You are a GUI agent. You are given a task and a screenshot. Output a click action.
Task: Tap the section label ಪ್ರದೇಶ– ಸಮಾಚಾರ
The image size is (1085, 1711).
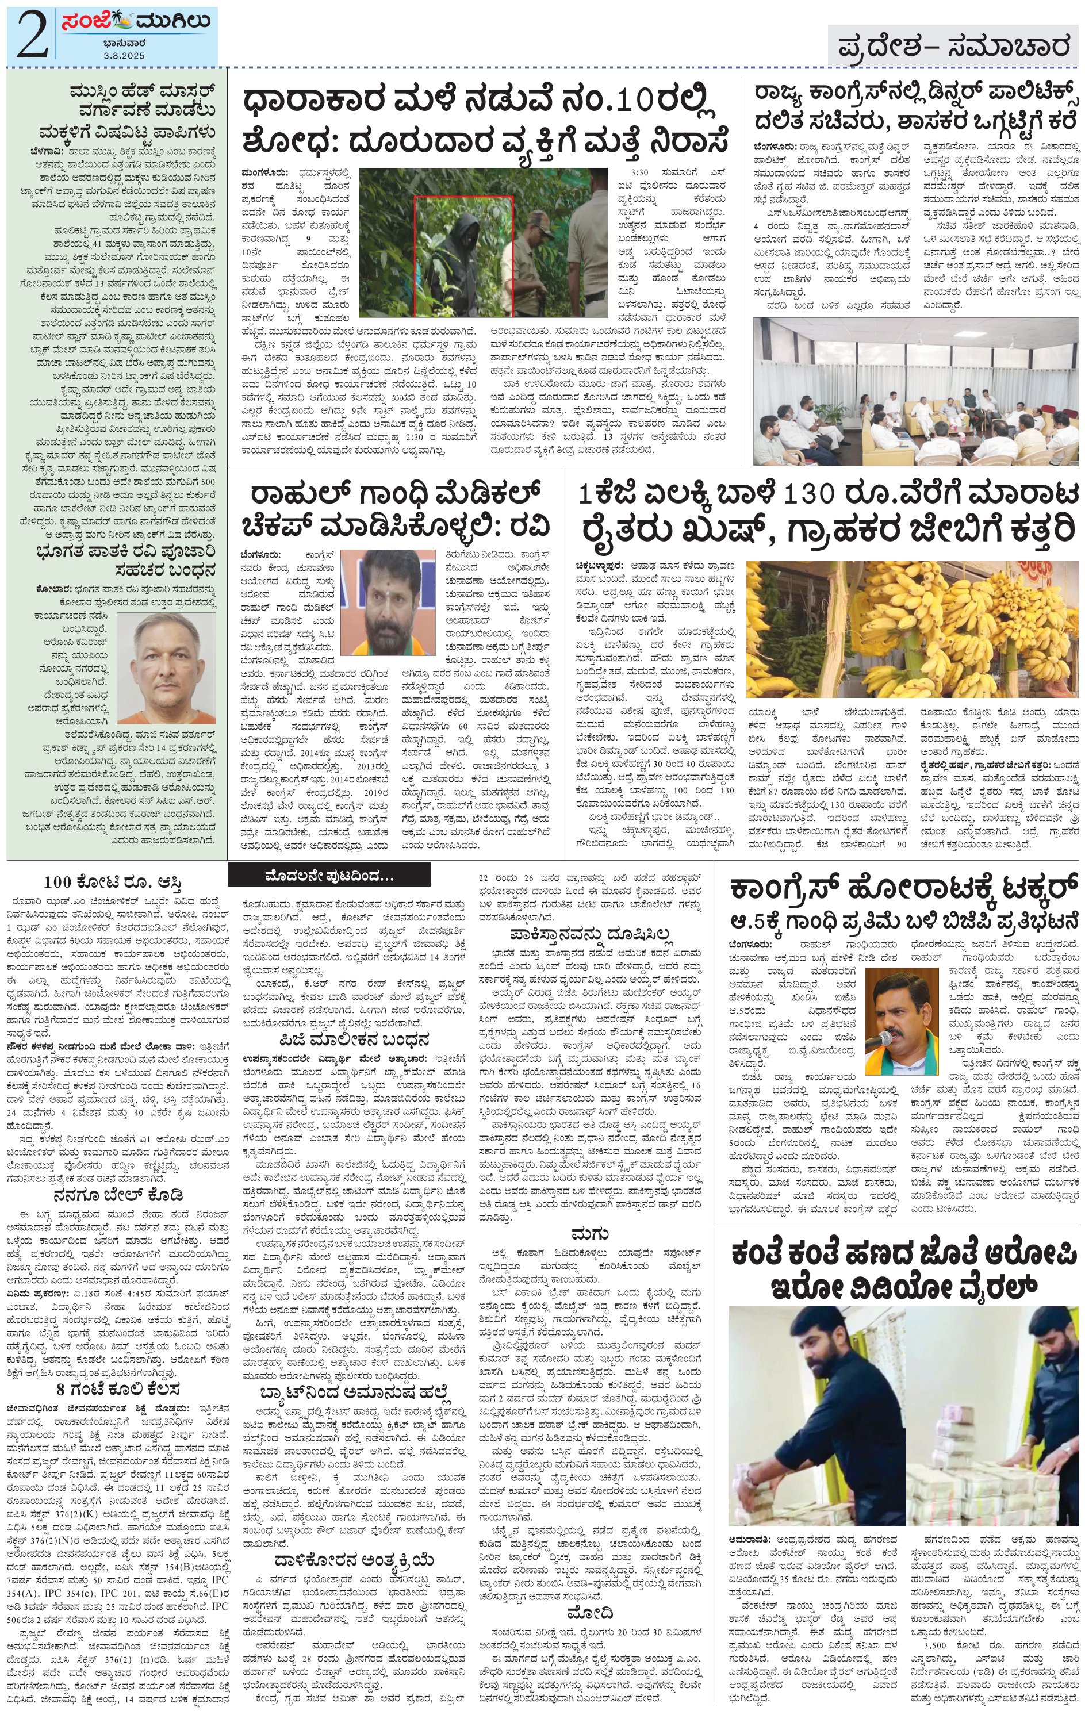953,47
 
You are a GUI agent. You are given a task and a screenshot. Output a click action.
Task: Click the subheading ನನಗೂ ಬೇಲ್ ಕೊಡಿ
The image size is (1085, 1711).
123,1193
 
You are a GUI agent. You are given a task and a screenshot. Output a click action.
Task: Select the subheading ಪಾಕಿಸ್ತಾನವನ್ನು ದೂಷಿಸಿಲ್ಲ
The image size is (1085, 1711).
591,932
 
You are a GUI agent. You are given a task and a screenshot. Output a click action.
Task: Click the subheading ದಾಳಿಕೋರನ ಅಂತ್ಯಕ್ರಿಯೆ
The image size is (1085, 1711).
354,1516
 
